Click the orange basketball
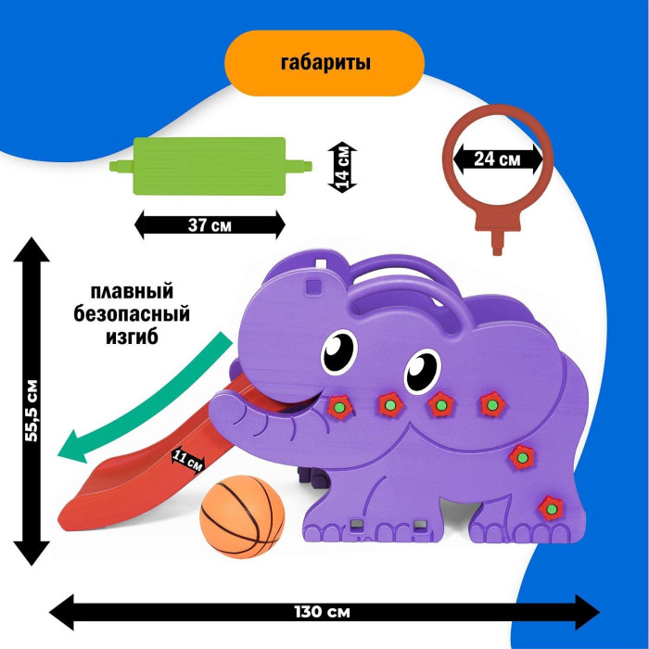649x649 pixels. coord(242,517)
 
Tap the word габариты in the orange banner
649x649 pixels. coord(325,63)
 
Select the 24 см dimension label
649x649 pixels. coord(497,159)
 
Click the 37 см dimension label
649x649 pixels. coord(210,225)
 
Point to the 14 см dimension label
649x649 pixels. coord(343,168)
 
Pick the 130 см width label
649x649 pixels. coord(322,612)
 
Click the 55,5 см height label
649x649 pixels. coord(32,410)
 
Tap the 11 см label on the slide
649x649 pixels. coord(187,460)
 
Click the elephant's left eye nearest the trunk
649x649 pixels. coord(339,350)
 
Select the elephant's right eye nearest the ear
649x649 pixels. coord(422,371)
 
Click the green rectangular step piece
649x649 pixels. coord(210,166)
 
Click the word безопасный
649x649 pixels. coord(132,314)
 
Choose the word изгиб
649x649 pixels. coord(132,337)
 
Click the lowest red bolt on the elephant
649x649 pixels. coord(551,508)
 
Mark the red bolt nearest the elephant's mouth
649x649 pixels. coord(340,407)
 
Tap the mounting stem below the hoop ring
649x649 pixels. coord(498,243)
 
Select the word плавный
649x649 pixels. coord(132,292)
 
